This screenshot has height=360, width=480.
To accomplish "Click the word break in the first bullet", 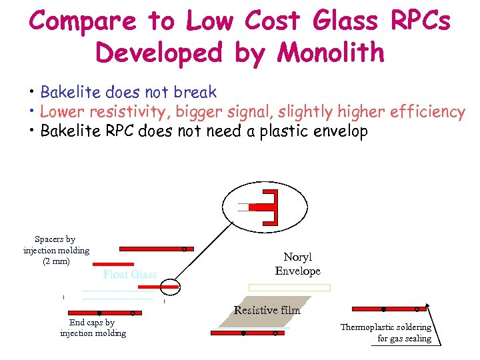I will [x=191, y=91].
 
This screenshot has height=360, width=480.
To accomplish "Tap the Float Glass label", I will [x=130, y=275].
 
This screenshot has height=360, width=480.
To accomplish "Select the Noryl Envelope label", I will [x=297, y=264].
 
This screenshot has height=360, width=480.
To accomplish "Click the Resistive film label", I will [x=267, y=310].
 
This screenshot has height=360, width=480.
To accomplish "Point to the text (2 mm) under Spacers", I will [x=56, y=261].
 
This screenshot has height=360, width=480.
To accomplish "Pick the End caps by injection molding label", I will [x=92, y=328].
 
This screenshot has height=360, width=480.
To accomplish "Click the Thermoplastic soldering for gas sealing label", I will [x=385, y=333].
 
